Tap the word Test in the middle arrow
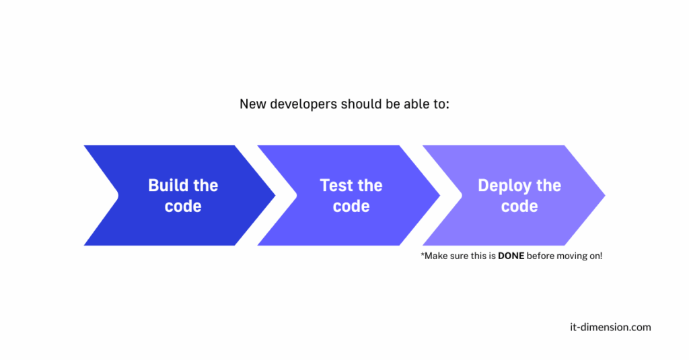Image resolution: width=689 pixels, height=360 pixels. [335, 186]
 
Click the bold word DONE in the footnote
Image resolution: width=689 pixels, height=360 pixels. [511, 256]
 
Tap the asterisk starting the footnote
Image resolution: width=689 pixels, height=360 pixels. [423, 254]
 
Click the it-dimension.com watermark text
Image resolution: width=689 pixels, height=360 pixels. [610, 327]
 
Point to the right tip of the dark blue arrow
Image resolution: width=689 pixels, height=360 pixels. [275, 195]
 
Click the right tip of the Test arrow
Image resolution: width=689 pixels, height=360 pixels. [440, 195]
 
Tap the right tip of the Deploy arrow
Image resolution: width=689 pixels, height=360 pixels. [605, 195]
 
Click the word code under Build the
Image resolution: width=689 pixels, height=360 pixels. [183, 206]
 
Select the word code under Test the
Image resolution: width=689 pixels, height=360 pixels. [351, 206]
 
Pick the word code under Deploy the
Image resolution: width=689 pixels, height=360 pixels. [519, 206]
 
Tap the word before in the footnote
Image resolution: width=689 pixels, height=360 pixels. [540, 256]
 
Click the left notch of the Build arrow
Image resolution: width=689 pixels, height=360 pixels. [118, 195]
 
